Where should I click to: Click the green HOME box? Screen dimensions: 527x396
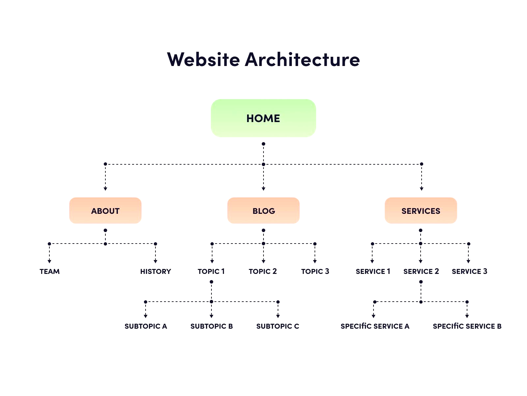pyautogui.click(x=263, y=118)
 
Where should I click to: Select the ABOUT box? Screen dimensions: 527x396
pyautogui.click(x=105, y=211)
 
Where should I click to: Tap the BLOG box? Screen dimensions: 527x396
pyautogui.click(x=263, y=211)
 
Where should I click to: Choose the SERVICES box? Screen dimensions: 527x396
pyautogui.click(x=421, y=211)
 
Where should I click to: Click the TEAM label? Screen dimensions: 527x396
pyautogui.click(x=49, y=272)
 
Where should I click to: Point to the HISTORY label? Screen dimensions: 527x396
pyautogui.click(x=155, y=272)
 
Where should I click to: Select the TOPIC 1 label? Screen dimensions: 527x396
pyautogui.click(x=211, y=272)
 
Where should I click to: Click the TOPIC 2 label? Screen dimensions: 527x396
pyautogui.click(x=263, y=272)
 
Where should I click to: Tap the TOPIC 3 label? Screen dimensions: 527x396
pyautogui.click(x=315, y=272)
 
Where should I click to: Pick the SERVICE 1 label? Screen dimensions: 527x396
pyautogui.click(x=373, y=272)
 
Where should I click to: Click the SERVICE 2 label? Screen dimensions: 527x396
pyautogui.click(x=421, y=272)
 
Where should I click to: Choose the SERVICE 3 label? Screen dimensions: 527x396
pyautogui.click(x=469, y=272)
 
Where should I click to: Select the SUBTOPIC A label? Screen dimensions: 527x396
pyautogui.click(x=146, y=326)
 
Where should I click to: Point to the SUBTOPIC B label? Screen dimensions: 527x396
pyautogui.click(x=211, y=326)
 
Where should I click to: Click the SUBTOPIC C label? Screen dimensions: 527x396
pyautogui.click(x=278, y=326)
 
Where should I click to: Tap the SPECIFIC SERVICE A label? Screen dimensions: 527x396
pyautogui.click(x=375, y=326)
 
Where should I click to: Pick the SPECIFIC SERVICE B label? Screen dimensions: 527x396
pyautogui.click(x=467, y=326)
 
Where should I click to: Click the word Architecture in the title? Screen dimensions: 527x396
pyautogui.click(x=302, y=59)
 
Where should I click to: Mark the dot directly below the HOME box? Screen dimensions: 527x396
pyautogui.click(x=263, y=144)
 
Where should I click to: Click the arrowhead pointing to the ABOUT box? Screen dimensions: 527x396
pyautogui.click(x=105, y=189)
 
